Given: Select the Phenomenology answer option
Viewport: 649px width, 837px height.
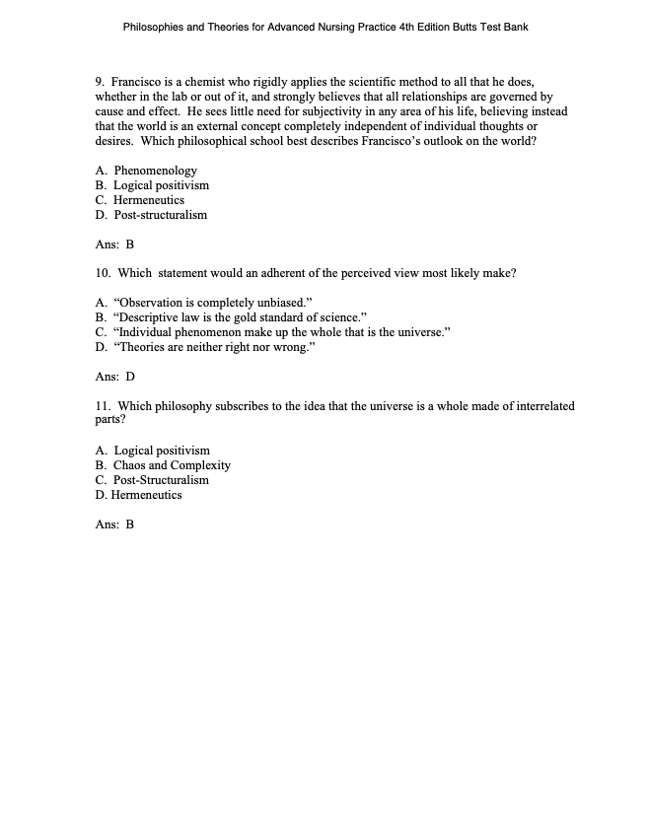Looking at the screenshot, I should pos(155,171).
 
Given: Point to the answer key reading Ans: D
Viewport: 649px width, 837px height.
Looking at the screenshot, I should pos(114,377).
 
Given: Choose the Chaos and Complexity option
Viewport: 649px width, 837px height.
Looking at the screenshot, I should pos(172,465).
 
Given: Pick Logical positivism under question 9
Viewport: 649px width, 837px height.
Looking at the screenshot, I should pos(161,185).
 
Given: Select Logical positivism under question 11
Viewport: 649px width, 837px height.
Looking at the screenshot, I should pos(161,451).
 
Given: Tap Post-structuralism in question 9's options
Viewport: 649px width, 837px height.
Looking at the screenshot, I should pos(160,215).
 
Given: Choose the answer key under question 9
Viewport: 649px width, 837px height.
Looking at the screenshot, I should pos(114,244).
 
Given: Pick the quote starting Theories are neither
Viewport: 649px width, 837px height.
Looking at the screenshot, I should pos(218,347).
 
